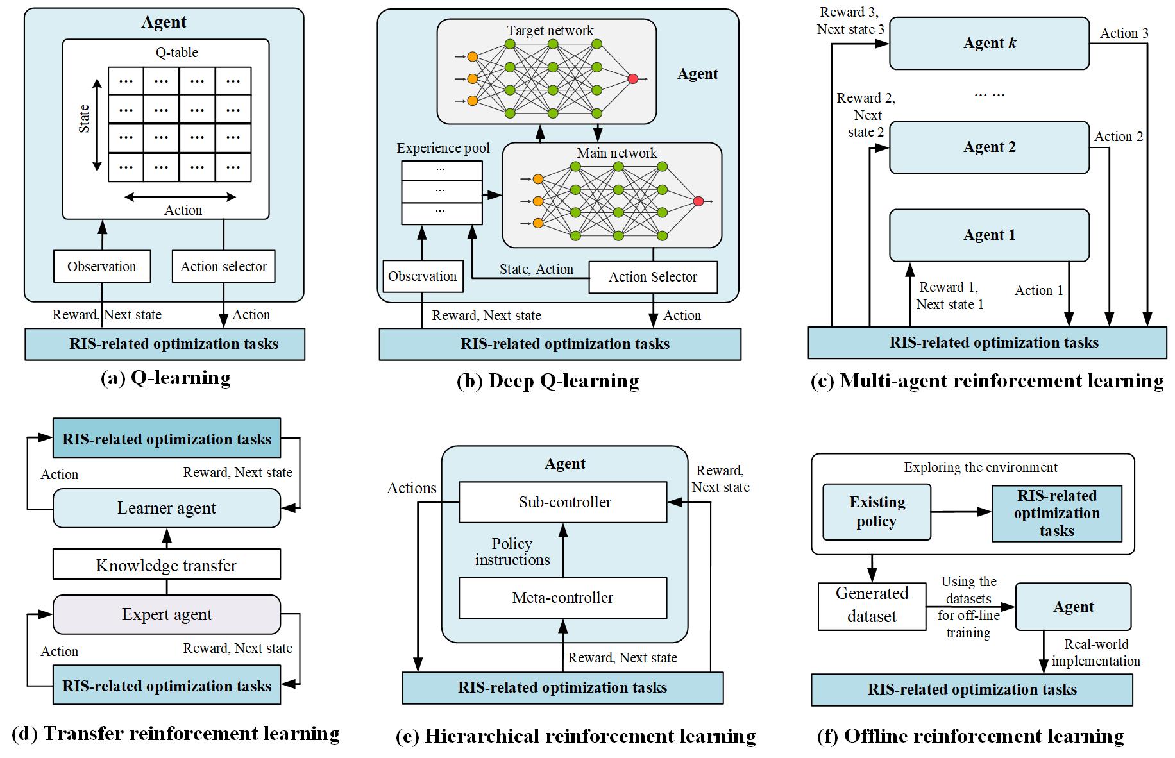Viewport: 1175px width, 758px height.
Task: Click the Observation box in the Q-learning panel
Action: pos(102,266)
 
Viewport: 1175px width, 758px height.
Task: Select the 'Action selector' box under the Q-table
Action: pos(223,266)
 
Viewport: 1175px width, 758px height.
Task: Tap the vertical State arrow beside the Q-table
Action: pos(97,125)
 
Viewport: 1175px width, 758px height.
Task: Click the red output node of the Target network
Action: pos(633,78)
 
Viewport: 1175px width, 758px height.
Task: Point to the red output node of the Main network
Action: pos(698,201)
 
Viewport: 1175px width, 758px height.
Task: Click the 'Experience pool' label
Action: pos(443,148)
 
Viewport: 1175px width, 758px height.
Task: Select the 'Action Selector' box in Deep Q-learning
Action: pos(652,277)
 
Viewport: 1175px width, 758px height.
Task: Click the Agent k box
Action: pos(989,44)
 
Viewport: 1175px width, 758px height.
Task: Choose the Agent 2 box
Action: pos(989,147)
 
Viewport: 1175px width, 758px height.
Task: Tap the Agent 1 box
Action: pos(989,235)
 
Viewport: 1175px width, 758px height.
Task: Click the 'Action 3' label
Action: pos(1124,33)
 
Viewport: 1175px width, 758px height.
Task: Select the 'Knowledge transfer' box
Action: pos(166,565)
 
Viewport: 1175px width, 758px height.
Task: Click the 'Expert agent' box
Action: pos(166,614)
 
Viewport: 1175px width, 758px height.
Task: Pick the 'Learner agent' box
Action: pos(166,508)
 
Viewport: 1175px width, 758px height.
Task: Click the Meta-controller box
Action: pos(562,598)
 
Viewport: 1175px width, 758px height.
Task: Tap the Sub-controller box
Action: pos(562,502)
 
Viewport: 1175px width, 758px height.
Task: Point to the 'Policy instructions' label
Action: pos(512,552)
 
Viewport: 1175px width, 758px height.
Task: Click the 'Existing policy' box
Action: pos(876,512)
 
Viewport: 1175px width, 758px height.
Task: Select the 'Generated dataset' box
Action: pos(872,605)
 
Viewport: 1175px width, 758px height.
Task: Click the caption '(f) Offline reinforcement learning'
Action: pos(970,736)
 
